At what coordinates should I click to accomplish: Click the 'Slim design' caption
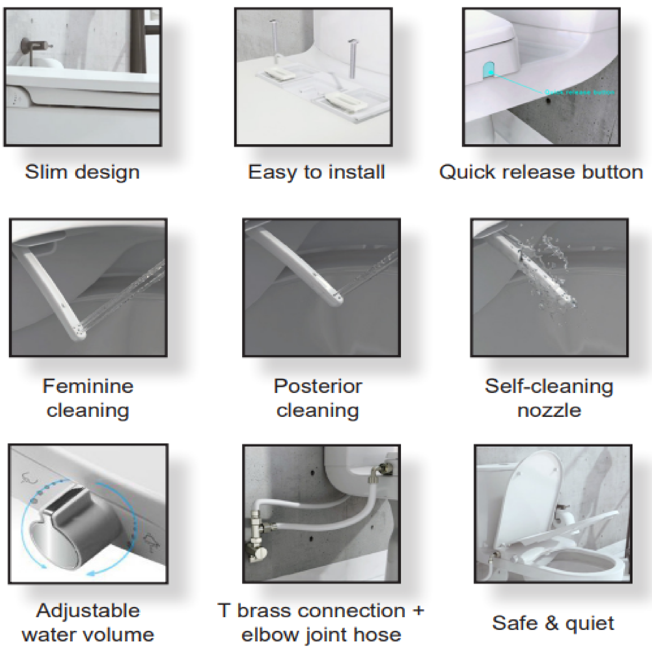(x=82, y=172)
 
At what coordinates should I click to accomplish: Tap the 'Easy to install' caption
(x=316, y=172)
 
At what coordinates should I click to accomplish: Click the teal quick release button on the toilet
(x=488, y=69)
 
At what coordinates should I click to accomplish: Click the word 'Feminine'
(x=88, y=386)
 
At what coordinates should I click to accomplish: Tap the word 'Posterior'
(x=318, y=386)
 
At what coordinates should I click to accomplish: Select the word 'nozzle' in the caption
(x=549, y=411)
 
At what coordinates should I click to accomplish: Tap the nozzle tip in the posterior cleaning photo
(x=337, y=299)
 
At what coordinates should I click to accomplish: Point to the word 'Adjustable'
(x=88, y=610)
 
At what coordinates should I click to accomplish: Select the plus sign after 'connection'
(x=419, y=610)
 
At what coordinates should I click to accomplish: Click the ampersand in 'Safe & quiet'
(x=552, y=623)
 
